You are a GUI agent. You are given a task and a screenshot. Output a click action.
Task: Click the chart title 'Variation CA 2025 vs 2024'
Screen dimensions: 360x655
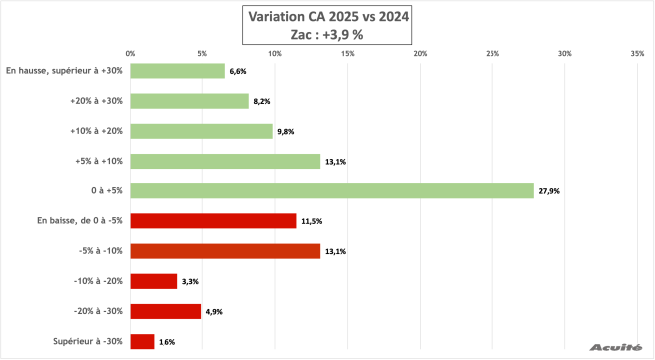pos(327,15)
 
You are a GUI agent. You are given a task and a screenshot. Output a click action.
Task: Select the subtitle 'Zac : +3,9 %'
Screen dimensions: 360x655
pos(327,33)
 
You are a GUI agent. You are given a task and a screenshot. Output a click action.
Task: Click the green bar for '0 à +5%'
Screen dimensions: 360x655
pos(332,190)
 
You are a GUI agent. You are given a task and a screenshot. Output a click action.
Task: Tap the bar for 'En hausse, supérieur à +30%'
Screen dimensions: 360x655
pos(177,71)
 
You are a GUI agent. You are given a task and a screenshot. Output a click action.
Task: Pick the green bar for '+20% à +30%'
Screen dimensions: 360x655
pos(189,101)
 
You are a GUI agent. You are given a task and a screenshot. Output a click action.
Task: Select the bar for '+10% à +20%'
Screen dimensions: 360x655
pos(201,131)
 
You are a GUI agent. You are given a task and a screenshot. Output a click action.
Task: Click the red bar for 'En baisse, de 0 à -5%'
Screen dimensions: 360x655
pos(213,220)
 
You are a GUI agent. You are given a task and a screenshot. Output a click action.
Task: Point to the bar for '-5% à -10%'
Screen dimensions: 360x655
pos(225,251)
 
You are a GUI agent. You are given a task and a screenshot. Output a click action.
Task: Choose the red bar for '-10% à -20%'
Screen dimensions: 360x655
pos(154,281)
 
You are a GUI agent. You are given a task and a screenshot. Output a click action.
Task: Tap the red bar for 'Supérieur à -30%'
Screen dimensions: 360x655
pos(142,341)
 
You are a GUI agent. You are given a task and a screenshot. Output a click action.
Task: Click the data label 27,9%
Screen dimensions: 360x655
pos(549,191)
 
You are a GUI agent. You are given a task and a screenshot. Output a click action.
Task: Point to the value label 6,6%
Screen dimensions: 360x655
pos(238,72)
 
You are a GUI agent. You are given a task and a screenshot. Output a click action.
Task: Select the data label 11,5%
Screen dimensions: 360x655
pos(311,221)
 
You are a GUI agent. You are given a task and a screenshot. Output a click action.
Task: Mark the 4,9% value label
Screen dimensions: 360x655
pos(215,312)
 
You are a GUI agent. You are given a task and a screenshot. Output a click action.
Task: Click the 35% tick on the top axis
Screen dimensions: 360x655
pos(637,53)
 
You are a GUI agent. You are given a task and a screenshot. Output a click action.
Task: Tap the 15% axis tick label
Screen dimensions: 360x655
pos(347,53)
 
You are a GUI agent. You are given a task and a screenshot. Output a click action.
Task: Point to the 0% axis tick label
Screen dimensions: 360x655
pos(131,53)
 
